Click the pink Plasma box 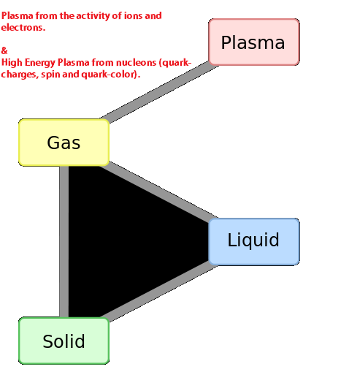254,42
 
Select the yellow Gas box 64,143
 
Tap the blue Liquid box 254,242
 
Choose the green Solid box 64,341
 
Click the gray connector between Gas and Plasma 159,92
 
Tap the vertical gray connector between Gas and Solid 64,242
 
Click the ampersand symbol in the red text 4,51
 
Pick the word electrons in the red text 23,28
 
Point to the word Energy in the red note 40,63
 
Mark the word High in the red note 12,63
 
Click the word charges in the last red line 20,75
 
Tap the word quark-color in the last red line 111,75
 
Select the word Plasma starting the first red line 17,16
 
